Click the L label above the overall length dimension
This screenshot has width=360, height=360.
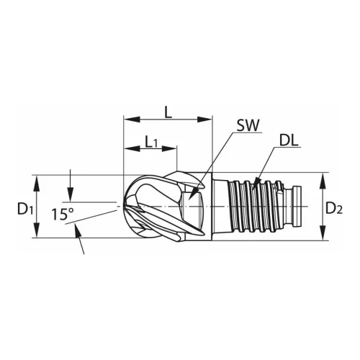(168, 112)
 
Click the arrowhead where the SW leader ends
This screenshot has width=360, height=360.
(194, 192)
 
